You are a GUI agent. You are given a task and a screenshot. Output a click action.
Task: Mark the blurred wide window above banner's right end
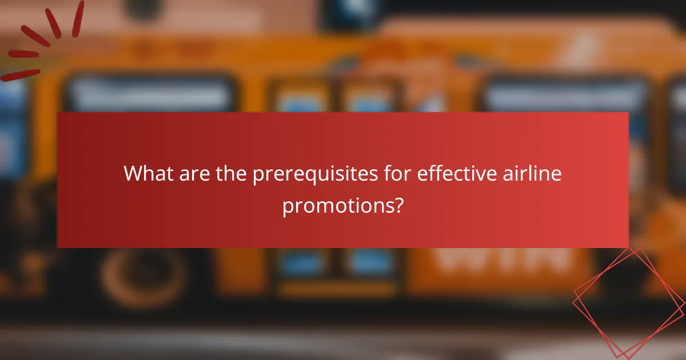566,95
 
